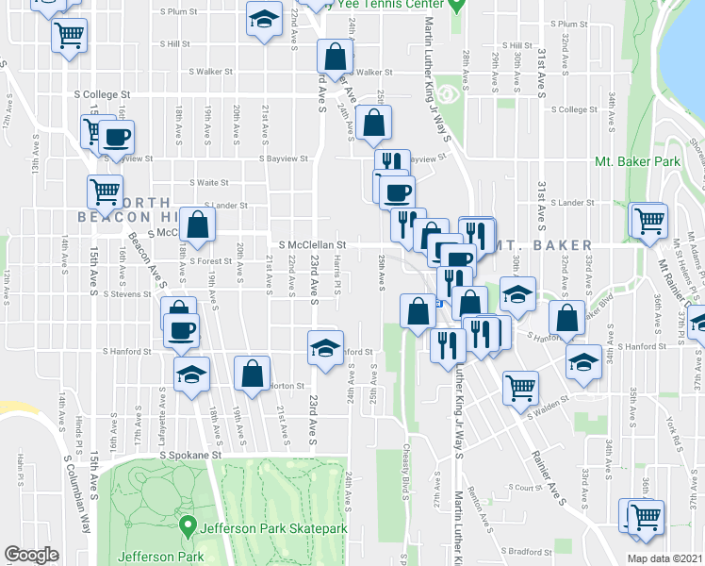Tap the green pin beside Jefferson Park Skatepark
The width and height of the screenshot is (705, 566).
188,525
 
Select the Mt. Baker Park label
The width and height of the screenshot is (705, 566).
637,161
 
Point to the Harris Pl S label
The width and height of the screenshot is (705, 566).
336,275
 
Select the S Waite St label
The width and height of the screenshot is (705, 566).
209,182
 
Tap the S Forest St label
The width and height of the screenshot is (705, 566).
209,261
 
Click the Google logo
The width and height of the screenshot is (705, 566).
31,555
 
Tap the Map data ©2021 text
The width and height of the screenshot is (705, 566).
664,558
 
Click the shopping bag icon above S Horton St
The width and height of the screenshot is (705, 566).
252,375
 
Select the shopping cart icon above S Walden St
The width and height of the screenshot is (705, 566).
519,386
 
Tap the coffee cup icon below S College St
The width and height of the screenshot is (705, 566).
117,138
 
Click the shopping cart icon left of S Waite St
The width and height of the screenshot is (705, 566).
105,191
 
